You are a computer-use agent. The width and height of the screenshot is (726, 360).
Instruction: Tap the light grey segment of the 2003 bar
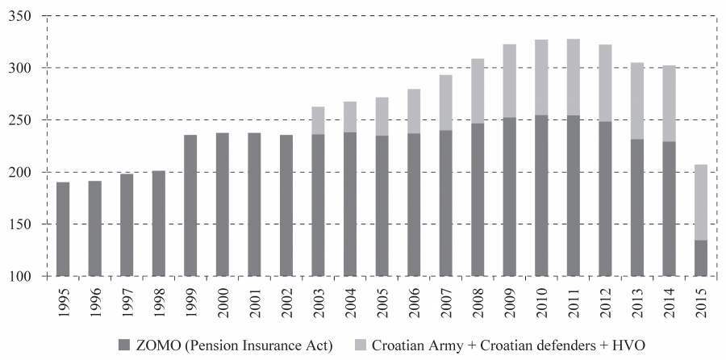click(318, 120)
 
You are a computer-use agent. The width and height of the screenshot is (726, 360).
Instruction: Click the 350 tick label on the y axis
click(27, 15)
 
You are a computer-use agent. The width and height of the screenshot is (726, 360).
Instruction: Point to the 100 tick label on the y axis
click(27, 277)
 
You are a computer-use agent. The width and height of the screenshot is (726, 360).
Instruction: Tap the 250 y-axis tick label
click(27, 120)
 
